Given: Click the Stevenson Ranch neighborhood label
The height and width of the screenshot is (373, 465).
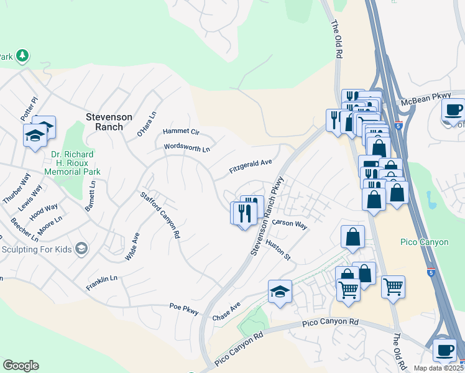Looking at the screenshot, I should click(x=109, y=122).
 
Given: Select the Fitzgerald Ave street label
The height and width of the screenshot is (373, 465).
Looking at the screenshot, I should click(x=251, y=166).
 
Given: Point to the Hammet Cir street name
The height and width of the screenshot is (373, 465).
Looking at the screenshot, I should click(x=181, y=132).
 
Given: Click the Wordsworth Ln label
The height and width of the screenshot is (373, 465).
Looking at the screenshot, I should click(x=187, y=148).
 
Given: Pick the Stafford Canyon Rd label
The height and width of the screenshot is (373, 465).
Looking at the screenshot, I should click(x=160, y=215).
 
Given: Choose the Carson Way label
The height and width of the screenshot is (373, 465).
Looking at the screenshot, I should click(x=289, y=224).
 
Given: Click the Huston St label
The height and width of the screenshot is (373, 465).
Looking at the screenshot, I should click(x=278, y=250).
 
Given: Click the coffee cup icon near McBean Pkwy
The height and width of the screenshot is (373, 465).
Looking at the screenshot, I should click(x=453, y=110).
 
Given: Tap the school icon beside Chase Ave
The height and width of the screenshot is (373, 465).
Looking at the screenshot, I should click(x=280, y=291).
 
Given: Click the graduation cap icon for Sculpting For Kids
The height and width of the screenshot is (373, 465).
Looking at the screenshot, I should click(x=80, y=249).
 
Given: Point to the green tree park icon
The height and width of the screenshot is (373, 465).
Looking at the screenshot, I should click(x=22, y=56).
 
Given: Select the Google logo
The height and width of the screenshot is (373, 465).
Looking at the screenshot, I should click(x=21, y=365).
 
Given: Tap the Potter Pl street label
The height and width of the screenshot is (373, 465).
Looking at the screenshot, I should click(x=29, y=109).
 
